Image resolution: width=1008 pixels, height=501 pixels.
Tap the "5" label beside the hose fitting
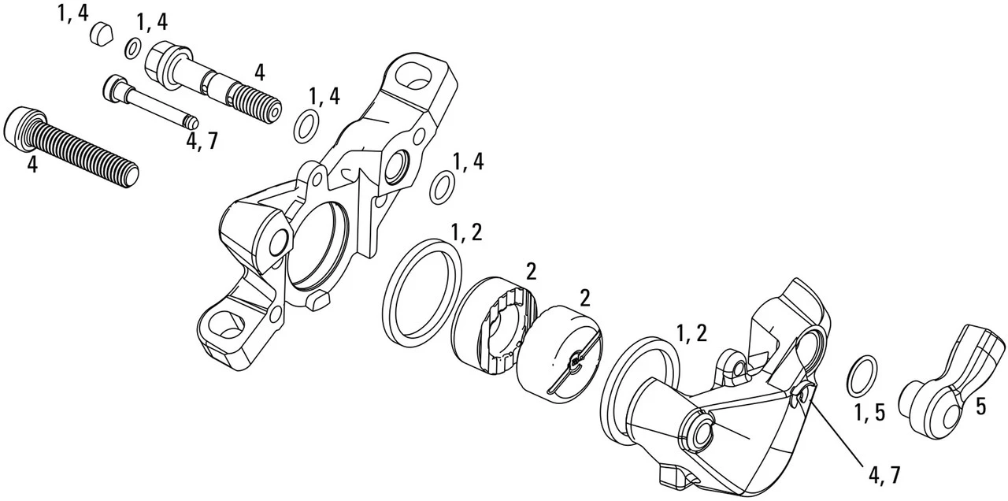coord(980,406)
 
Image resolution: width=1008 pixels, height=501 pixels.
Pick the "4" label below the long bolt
coord(32,165)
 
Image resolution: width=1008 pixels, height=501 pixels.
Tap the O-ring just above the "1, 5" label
coord(862,375)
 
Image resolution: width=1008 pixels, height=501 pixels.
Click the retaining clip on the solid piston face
coord(575,364)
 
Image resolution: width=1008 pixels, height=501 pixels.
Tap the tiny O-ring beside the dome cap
coord(134,48)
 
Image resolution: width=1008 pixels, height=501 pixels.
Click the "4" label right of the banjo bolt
coord(260,72)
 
